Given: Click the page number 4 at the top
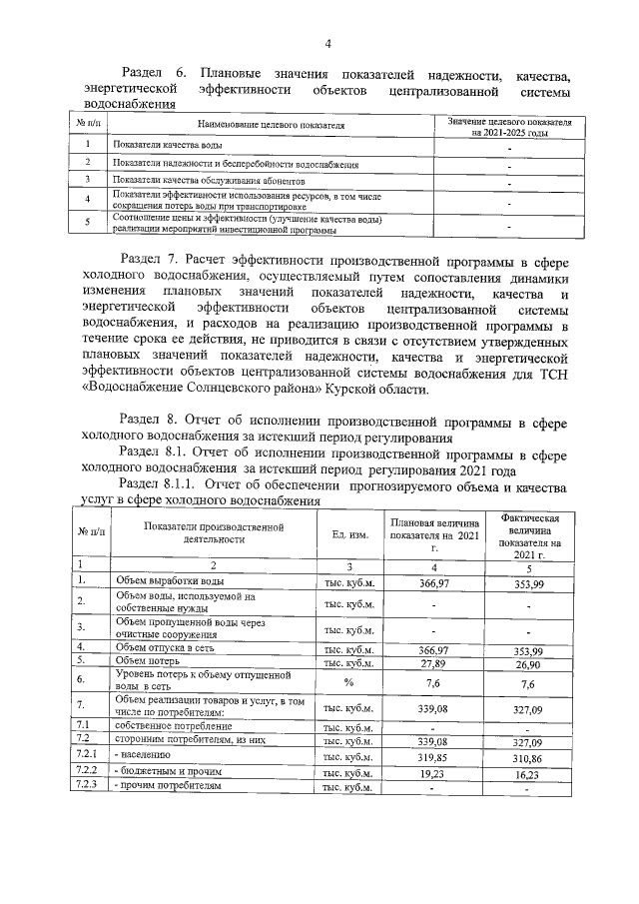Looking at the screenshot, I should (327, 43).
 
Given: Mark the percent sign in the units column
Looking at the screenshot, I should (349, 682).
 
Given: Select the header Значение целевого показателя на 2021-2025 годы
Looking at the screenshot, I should (509, 126).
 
